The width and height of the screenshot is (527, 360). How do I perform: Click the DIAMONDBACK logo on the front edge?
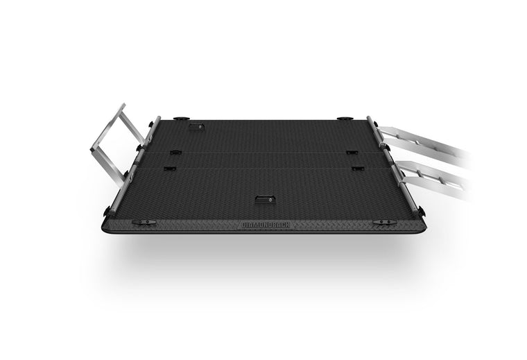(266, 225)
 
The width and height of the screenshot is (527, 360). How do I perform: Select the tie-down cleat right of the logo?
(385, 222)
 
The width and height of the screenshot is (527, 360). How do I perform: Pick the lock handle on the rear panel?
(196, 127)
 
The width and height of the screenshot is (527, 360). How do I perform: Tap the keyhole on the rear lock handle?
(200, 127)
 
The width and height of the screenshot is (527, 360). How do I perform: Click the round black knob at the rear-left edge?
(182, 119)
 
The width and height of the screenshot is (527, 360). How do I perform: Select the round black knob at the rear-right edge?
(345, 119)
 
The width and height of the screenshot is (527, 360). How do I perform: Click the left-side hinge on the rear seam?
(175, 153)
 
